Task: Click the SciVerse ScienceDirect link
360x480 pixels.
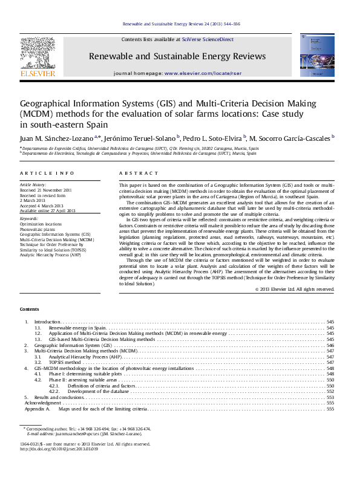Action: click(x=212, y=39)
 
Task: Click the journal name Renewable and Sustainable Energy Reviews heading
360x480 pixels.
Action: click(x=177, y=56)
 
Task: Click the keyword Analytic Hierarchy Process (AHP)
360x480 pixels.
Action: click(x=50, y=255)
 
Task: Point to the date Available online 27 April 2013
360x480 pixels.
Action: click(x=48, y=210)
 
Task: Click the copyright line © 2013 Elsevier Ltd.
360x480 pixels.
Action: click(x=295, y=289)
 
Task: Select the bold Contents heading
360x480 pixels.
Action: click(x=29, y=309)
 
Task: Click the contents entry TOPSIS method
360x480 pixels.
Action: click(x=65, y=363)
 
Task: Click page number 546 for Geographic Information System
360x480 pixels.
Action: click(x=330, y=345)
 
